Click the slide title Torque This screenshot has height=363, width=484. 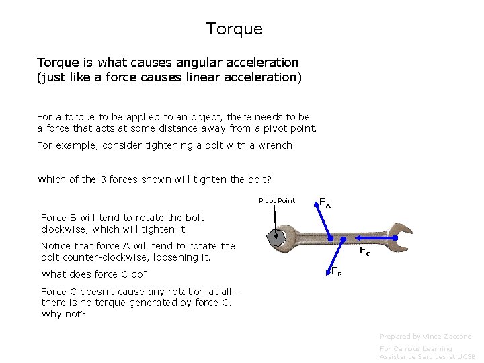[234, 30]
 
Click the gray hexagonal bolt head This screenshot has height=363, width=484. [275, 237]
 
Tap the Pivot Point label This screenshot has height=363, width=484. [277, 201]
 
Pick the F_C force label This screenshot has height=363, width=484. [364, 251]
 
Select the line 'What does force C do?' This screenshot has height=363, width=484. [94, 274]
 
